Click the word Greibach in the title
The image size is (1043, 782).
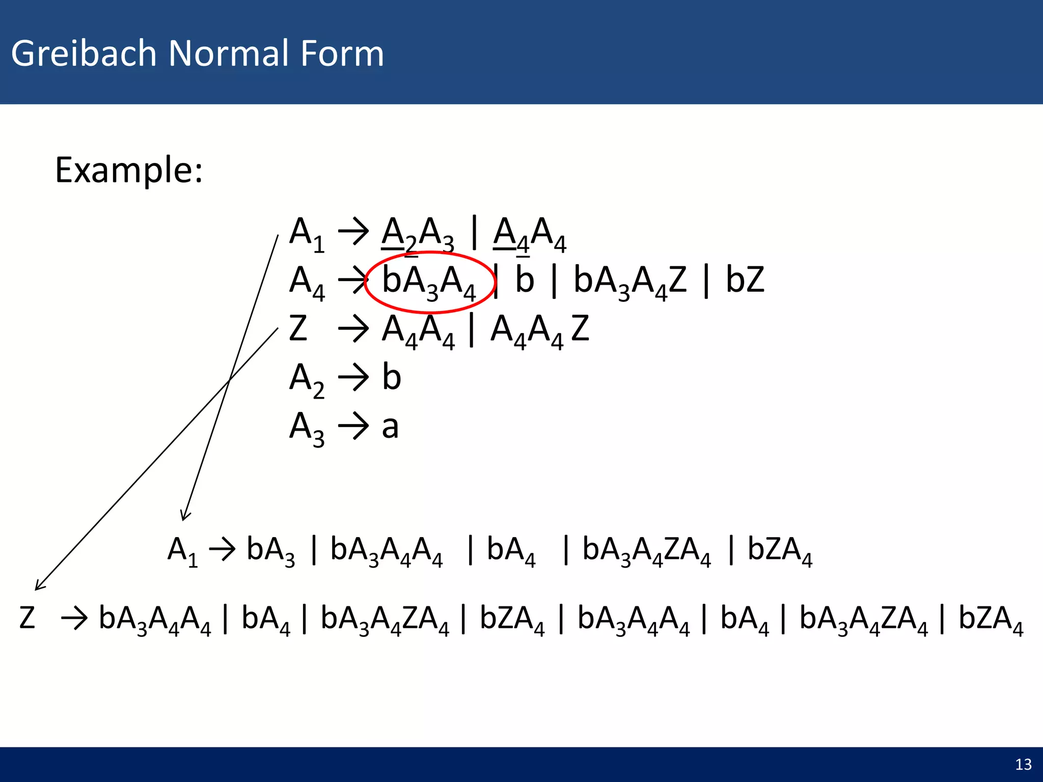coord(84,53)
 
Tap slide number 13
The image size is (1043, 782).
coord(1023,764)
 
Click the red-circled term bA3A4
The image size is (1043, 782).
coord(429,282)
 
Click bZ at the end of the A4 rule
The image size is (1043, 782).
coord(745,280)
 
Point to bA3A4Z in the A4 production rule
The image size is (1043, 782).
coord(630,281)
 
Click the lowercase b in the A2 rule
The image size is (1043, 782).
coord(391,377)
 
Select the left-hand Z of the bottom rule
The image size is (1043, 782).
coord(27,618)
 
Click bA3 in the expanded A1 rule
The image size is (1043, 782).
coord(270,550)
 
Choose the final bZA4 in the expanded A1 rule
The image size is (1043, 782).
coord(779,550)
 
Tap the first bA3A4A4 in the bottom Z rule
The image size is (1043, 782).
coord(154,620)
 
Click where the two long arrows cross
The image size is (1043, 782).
coord(229,380)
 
